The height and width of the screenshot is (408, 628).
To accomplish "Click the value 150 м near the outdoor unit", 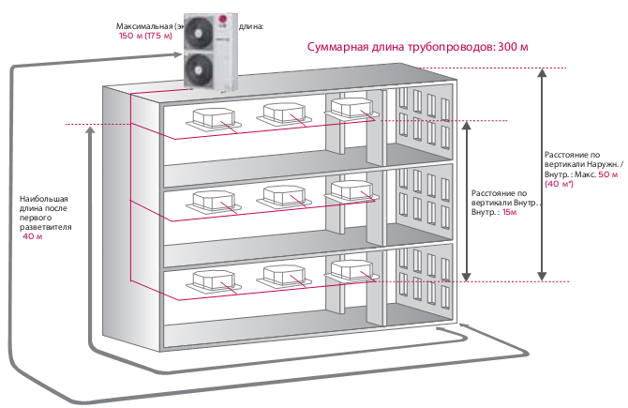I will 129,36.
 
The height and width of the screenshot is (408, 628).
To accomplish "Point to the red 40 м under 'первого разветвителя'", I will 32,237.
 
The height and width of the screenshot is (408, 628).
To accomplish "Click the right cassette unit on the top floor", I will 353,109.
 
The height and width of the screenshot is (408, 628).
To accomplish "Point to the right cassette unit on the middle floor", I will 353,189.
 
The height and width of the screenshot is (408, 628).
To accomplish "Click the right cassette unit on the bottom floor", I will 353,269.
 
